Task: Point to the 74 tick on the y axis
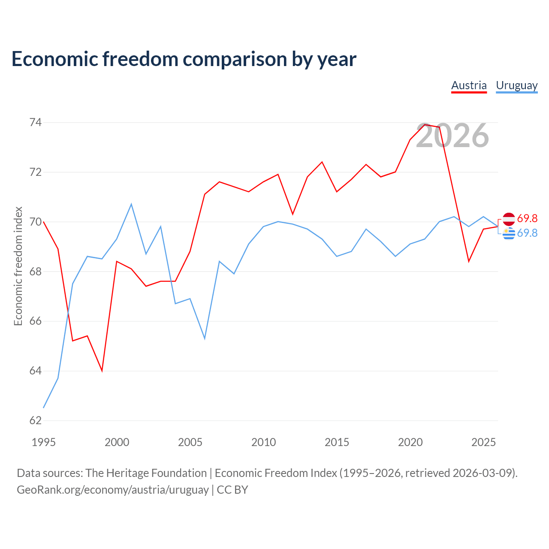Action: (x=36, y=122)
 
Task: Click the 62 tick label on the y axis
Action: (x=36, y=420)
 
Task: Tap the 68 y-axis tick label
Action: (x=36, y=271)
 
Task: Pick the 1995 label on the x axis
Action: (x=44, y=442)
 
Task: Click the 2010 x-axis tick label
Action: (x=263, y=442)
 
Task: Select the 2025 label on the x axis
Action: (x=483, y=442)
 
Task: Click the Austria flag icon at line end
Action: (x=509, y=219)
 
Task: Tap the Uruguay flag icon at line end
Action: (x=509, y=234)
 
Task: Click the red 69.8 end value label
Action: (x=527, y=218)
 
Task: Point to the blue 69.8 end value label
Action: (x=527, y=233)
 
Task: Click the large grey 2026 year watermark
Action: (x=452, y=136)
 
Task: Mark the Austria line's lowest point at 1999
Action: (x=102, y=371)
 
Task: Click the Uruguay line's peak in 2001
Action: (x=131, y=204)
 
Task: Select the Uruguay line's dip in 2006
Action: (x=205, y=339)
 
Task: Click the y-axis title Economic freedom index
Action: (x=18, y=266)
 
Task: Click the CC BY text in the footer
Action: (x=232, y=490)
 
